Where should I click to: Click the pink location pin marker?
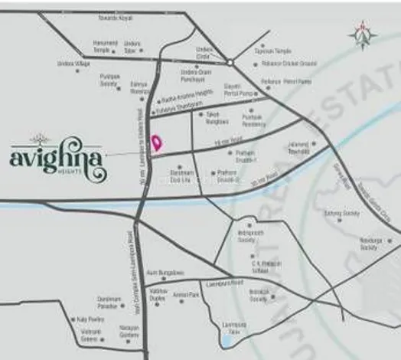158,142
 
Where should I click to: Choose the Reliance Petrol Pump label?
286,80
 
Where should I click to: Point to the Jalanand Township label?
299,148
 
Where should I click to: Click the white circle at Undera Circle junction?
229,61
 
